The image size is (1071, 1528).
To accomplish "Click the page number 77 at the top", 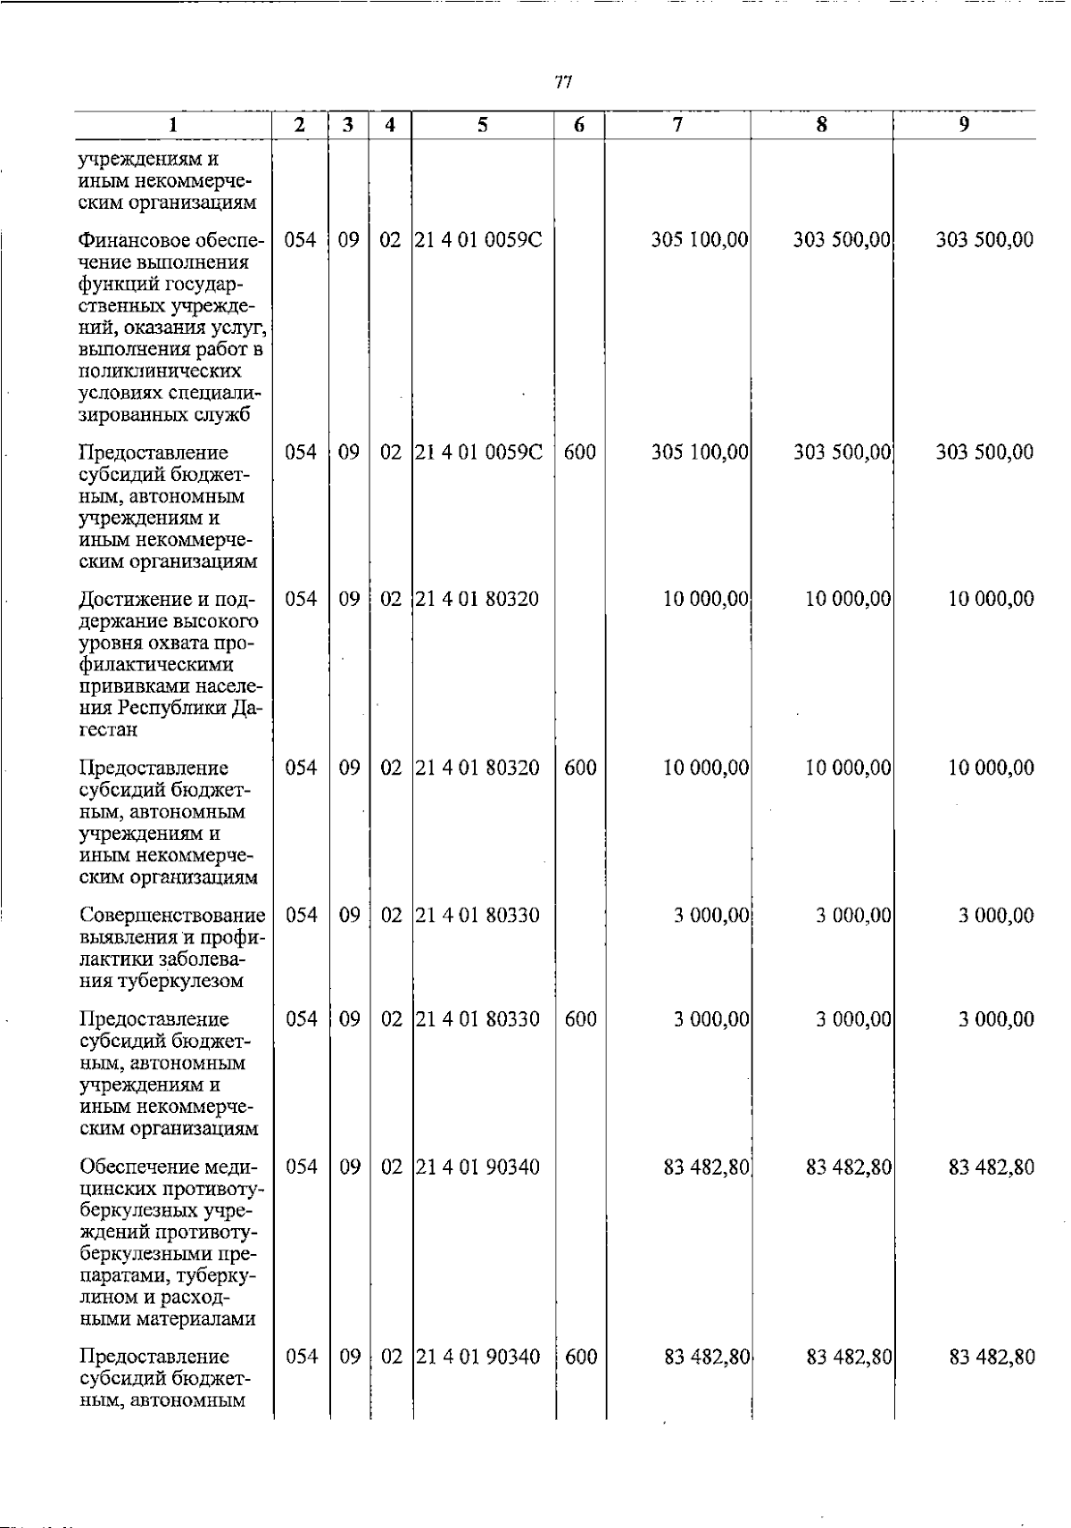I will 562,83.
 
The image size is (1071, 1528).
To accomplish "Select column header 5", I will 482,126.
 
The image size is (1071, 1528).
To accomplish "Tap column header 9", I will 964,126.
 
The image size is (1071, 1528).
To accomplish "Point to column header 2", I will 300,126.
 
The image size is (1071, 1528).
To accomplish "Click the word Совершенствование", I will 172,916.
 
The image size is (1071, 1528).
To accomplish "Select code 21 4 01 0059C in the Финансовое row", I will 478,240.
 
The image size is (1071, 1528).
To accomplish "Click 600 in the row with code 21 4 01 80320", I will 580,768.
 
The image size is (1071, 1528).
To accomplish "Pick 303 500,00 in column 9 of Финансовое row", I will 984,240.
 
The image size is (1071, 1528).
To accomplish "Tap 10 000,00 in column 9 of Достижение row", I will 991,599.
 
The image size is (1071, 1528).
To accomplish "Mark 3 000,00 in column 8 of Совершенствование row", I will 853,916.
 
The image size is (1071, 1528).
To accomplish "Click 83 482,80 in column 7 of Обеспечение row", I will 706,1167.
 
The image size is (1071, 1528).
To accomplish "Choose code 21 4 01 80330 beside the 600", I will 477,1020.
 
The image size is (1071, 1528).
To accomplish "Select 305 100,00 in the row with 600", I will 700,453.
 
